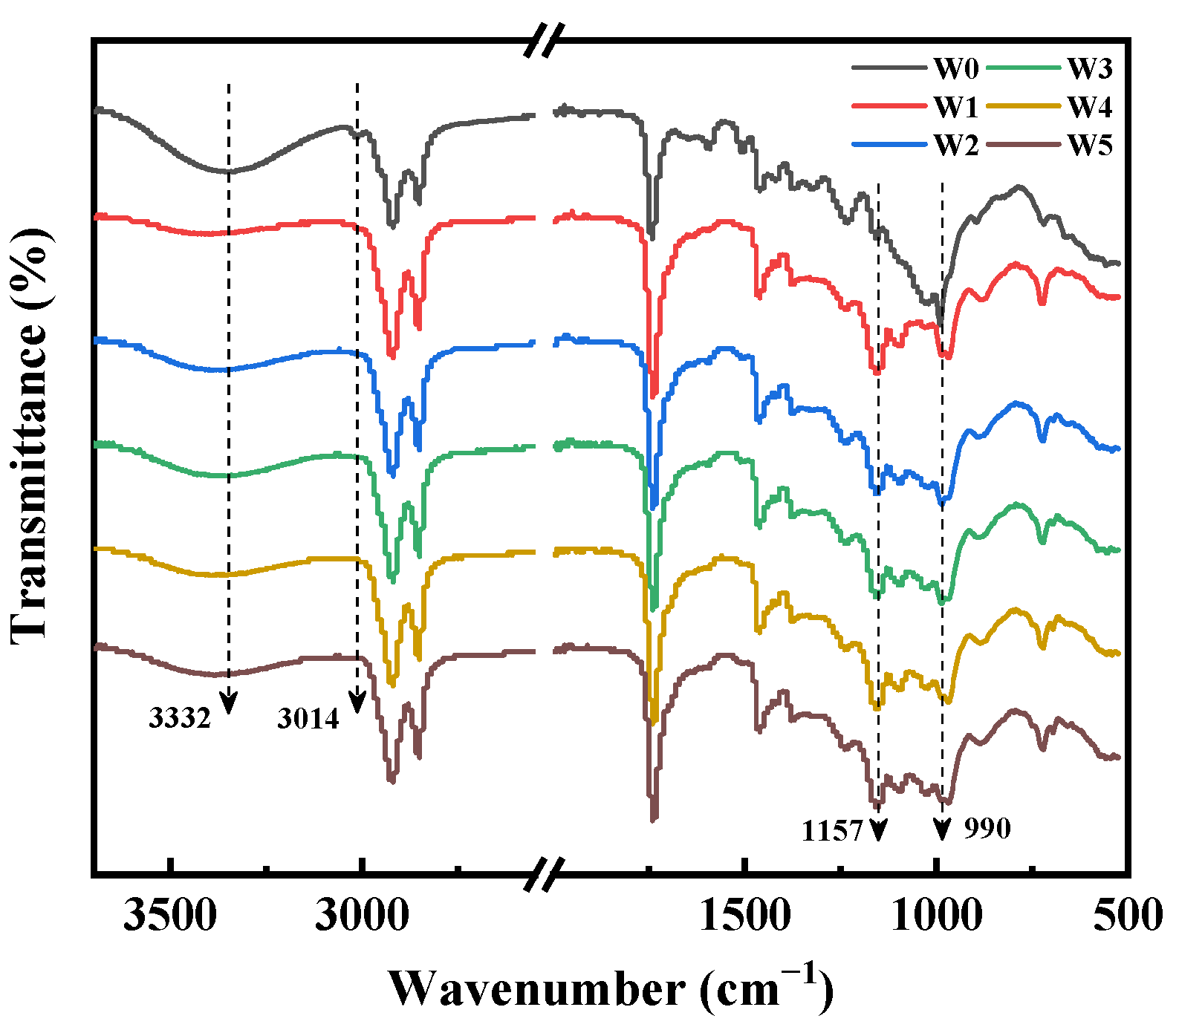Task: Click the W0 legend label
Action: pyautogui.click(x=956, y=69)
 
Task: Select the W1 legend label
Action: pyautogui.click(x=956, y=108)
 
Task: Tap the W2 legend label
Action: pyautogui.click(x=956, y=146)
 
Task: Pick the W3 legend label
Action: pyautogui.click(x=1090, y=69)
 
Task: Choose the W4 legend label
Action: pyautogui.click(x=1090, y=108)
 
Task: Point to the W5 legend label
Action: pyautogui.click(x=1090, y=146)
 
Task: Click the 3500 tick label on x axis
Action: pyautogui.click(x=170, y=915)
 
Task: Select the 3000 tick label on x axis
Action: pyautogui.click(x=361, y=915)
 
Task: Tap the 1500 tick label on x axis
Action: pyautogui.click(x=745, y=915)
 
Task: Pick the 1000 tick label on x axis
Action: pyautogui.click(x=936, y=915)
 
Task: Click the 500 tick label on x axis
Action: pyautogui.click(x=1128, y=915)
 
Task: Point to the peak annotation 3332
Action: pyautogui.click(x=180, y=718)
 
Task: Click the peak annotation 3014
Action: pyautogui.click(x=308, y=718)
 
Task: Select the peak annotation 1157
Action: pyautogui.click(x=832, y=830)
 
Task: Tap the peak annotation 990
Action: pyautogui.click(x=987, y=828)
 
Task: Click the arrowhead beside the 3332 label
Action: pyautogui.click(x=228, y=703)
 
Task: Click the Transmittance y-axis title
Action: pyautogui.click(x=30, y=434)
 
